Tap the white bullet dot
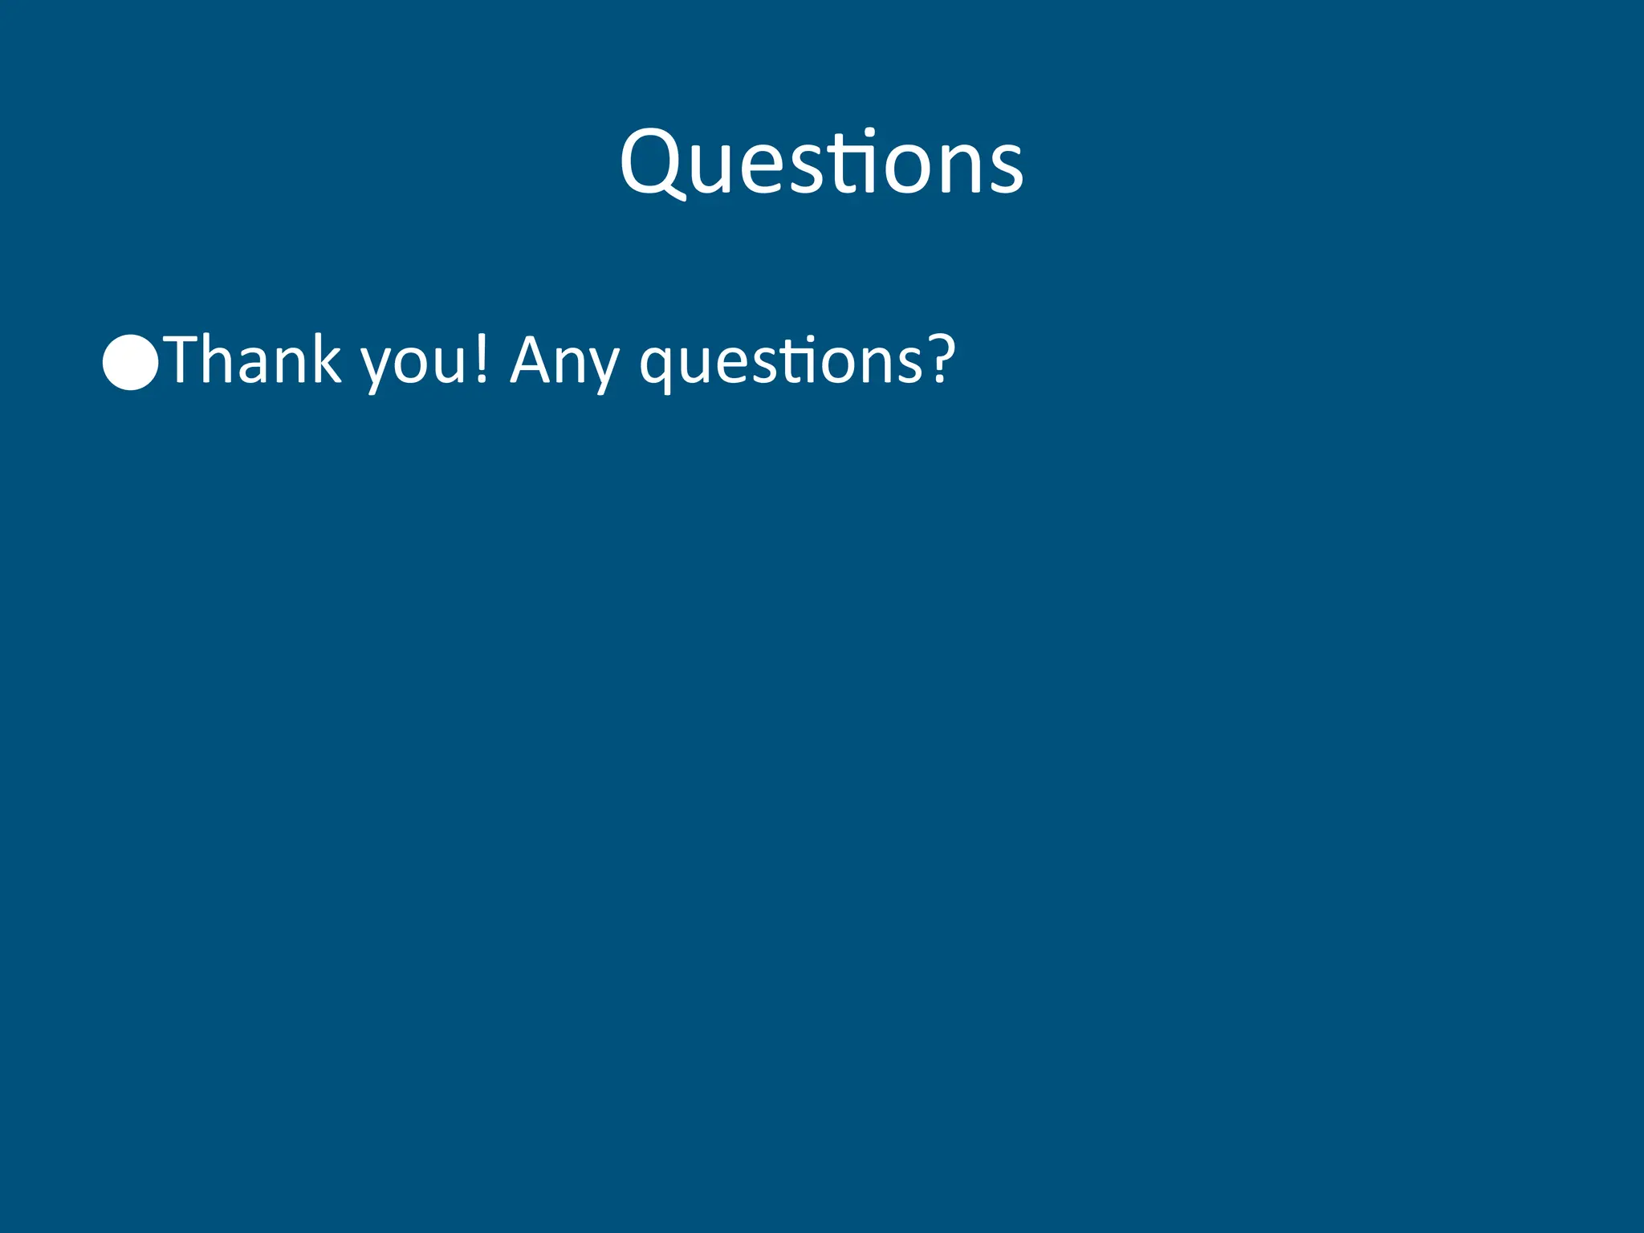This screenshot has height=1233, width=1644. coord(130,362)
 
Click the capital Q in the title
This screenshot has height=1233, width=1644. coord(652,164)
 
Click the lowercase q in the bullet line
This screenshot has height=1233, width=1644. coord(657,368)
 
